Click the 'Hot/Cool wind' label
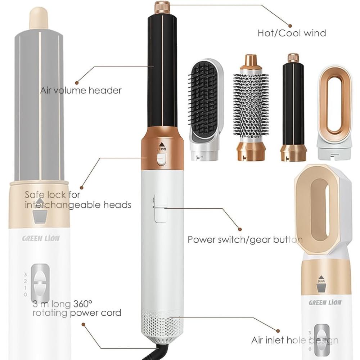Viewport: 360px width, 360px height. tap(292, 33)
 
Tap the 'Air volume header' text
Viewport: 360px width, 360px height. tap(81, 90)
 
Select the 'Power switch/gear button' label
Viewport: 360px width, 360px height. tap(245, 240)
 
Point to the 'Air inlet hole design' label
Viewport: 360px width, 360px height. tap(295, 340)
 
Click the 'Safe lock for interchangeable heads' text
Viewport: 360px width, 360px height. tap(78, 200)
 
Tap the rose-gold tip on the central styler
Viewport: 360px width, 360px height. tap(162, 7)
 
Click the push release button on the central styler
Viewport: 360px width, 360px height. tap(162, 159)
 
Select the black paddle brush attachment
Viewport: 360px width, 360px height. tap(205, 109)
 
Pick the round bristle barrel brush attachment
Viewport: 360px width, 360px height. tap(251, 107)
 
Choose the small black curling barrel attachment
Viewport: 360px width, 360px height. tap(293, 107)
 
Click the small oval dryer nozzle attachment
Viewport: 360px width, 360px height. tap(334, 112)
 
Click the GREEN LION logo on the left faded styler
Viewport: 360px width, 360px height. tap(41, 239)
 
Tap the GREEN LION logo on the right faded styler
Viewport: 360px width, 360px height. tap(325, 302)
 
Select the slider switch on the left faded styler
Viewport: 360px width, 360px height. tap(40, 280)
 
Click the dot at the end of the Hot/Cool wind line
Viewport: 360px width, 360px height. tap(290, 26)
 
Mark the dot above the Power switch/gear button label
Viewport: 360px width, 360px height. tap(240, 229)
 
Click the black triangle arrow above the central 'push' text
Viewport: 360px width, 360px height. tap(162, 144)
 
